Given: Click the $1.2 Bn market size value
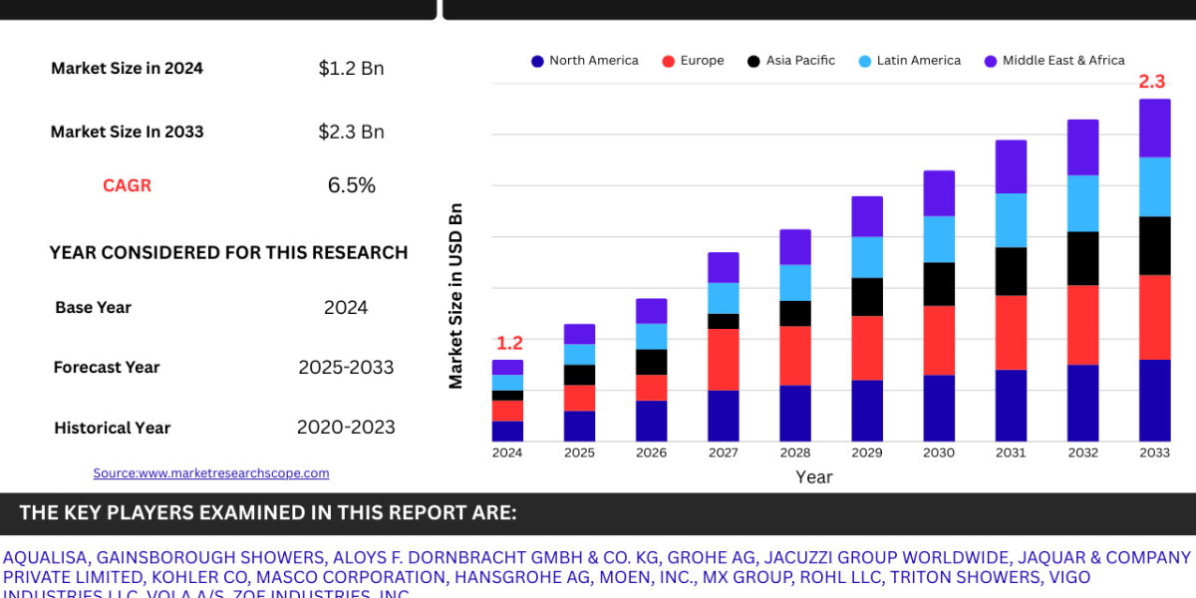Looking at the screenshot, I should coord(351,69).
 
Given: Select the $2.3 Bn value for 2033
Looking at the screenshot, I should coord(351,132).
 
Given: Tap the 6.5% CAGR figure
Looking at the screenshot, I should coord(351,185).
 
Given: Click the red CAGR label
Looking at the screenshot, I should coord(127,185).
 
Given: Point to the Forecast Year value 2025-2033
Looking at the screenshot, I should coord(346,367).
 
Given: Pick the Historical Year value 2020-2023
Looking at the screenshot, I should coord(346,428).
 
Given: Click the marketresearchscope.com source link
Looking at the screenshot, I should coord(211,473).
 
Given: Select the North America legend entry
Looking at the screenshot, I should coord(584,61).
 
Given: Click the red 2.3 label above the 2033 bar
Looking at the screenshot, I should coord(1152,82).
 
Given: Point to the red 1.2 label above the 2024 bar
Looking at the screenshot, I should coord(509,343).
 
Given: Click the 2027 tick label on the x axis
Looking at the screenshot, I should coord(724,452).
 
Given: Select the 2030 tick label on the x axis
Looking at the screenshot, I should coord(939,452).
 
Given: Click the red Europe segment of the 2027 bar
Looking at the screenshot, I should coord(724,359).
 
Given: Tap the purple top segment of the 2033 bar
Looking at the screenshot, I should coord(1154,128).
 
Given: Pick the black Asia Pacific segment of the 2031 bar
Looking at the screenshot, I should coord(1011,271).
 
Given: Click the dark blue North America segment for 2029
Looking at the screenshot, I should coord(867,411).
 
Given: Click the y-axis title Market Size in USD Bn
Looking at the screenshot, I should coord(455,296).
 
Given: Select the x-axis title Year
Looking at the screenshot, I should coord(813,477).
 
